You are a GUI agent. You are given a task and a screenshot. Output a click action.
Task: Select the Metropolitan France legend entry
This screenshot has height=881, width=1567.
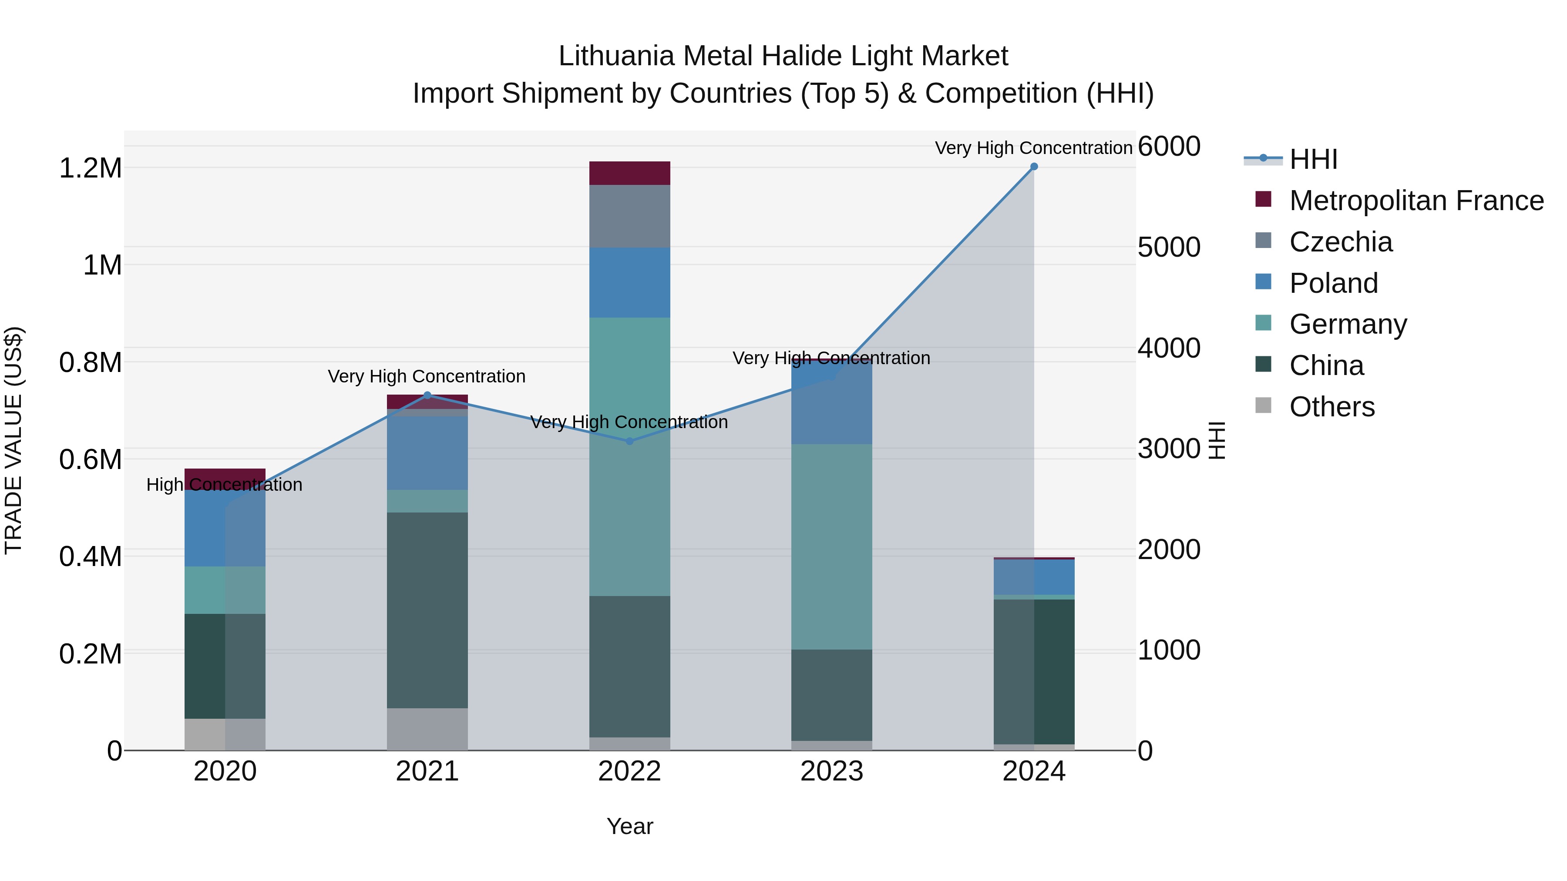pyautogui.click(x=1416, y=201)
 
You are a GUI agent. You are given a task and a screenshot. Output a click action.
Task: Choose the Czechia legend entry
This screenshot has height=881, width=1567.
pyautogui.click(x=1340, y=242)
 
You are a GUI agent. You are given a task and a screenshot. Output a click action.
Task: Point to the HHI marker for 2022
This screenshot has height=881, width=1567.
pyautogui.click(x=629, y=442)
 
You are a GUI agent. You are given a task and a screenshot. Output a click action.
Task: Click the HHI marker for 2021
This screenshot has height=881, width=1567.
pyautogui.click(x=427, y=395)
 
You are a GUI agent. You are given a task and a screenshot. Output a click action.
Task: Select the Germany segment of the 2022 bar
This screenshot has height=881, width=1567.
pyautogui.click(x=629, y=456)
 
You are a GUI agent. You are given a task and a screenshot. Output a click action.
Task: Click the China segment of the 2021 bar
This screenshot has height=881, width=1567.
pyautogui.click(x=427, y=610)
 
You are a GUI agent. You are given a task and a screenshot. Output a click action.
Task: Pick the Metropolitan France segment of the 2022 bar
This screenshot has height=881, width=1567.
pyautogui.click(x=629, y=173)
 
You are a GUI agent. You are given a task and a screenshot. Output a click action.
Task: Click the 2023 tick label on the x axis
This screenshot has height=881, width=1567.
pyautogui.click(x=831, y=771)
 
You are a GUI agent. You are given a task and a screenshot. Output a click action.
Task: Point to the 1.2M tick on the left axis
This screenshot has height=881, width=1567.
pyautogui.click(x=90, y=168)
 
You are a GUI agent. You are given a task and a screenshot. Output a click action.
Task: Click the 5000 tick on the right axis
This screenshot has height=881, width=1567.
pyautogui.click(x=1169, y=248)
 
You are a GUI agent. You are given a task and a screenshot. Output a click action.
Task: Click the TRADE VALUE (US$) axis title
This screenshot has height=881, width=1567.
pyautogui.click(x=13, y=440)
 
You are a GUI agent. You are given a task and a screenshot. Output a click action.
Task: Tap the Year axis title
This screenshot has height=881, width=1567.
pyautogui.click(x=629, y=826)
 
